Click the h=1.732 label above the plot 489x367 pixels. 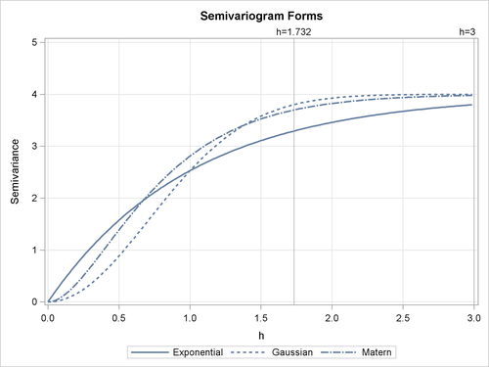tap(293, 32)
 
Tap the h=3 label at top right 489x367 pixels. tap(467, 32)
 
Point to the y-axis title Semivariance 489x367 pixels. tap(15, 172)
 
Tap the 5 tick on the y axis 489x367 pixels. tap(35, 42)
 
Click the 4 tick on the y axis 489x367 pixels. tap(35, 94)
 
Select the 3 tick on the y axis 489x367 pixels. tap(35, 146)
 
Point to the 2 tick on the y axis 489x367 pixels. tap(35, 198)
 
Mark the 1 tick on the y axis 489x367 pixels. tap(35, 250)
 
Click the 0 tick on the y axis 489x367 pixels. tap(35, 301)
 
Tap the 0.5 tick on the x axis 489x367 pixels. tap(118, 317)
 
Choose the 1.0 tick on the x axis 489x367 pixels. tap(190, 317)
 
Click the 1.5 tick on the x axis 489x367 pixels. tap(261, 317)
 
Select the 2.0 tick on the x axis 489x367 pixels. tap(333, 317)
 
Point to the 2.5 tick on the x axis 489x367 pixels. tap(404, 317)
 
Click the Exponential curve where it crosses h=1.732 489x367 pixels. tap(294, 130)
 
